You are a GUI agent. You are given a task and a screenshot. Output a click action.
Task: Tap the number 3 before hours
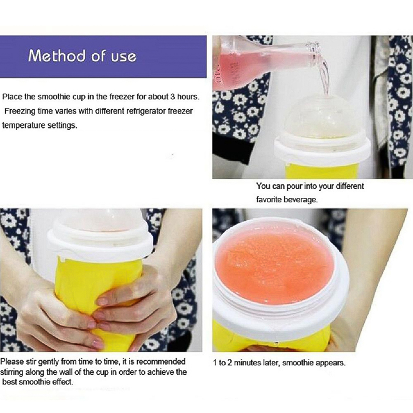click(x=172, y=97)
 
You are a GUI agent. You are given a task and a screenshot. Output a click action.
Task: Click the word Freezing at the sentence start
click(x=20, y=112)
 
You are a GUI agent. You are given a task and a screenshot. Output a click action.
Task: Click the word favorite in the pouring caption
click(x=268, y=199)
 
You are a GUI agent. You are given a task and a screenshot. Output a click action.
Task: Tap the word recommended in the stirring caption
click(x=161, y=361)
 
